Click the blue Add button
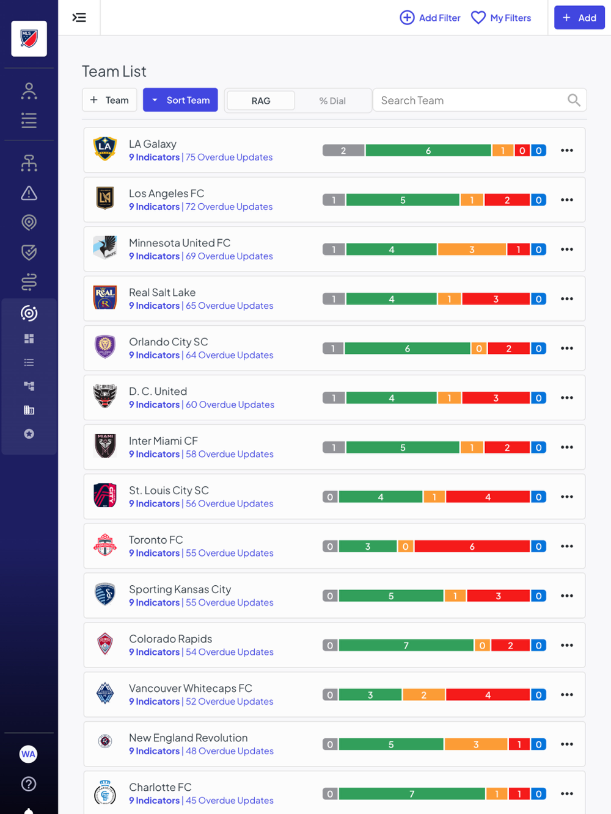(x=579, y=18)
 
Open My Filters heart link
(x=501, y=18)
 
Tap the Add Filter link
(x=430, y=18)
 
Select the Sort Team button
(x=180, y=100)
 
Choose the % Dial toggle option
(x=332, y=101)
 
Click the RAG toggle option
(x=261, y=101)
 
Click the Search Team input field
(x=470, y=100)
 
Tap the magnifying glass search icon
(x=574, y=100)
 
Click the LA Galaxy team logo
(x=105, y=149)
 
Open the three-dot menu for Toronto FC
(x=567, y=546)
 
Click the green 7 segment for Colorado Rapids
(x=406, y=646)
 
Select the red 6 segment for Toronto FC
(x=472, y=547)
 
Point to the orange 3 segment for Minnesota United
(x=472, y=250)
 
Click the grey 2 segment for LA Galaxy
(x=343, y=151)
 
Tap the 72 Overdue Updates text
(x=229, y=207)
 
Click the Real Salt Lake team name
(x=163, y=292)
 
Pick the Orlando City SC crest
(x=105, y=347)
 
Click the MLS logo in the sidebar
(x=29, y=38)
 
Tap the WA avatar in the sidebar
(x=29, y=754)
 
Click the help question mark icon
(x=29, y=784)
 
